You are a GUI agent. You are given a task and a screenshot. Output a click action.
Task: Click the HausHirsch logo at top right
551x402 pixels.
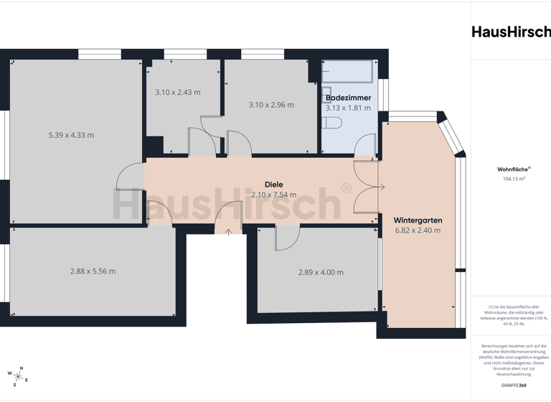[x=511, y=32]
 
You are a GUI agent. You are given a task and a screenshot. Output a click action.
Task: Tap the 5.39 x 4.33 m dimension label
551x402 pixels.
[x=71, y=135]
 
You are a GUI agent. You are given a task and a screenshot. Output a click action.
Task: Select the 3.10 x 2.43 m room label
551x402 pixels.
[x=178, y=93]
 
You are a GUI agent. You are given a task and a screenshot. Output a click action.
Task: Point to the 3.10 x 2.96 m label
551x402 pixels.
[x=271, y=105]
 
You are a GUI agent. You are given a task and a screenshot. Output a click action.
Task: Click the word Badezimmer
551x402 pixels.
[x=348, y=98]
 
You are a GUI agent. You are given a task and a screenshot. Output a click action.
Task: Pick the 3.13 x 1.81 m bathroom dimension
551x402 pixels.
[x=348, y=108]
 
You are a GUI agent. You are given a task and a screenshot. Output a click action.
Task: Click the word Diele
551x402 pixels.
[x=273, y=184]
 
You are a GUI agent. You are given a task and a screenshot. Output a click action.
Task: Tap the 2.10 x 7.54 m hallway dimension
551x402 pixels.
[x=273, y=195]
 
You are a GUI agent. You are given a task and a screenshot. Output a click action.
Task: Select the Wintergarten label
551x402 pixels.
[x=418, y=220]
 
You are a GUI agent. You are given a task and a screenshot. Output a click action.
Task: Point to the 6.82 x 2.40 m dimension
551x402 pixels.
[x=418, y=230]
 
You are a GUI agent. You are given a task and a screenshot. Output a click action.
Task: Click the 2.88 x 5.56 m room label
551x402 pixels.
[x=93, y=271]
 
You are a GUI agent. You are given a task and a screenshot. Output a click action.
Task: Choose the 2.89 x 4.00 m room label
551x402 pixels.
[x=321, y=273]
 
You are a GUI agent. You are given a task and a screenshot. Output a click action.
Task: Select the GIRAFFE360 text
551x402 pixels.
[x=513, y=385]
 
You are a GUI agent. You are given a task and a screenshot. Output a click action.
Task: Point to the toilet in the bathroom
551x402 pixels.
[x=332, y=123]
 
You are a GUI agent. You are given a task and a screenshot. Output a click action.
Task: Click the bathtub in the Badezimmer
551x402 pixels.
[x=348, y=71]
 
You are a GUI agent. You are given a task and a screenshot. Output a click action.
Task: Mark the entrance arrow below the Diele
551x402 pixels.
[x=228, y=231]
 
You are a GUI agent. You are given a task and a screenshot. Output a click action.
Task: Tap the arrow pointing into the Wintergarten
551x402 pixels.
[x=381, y=188]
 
